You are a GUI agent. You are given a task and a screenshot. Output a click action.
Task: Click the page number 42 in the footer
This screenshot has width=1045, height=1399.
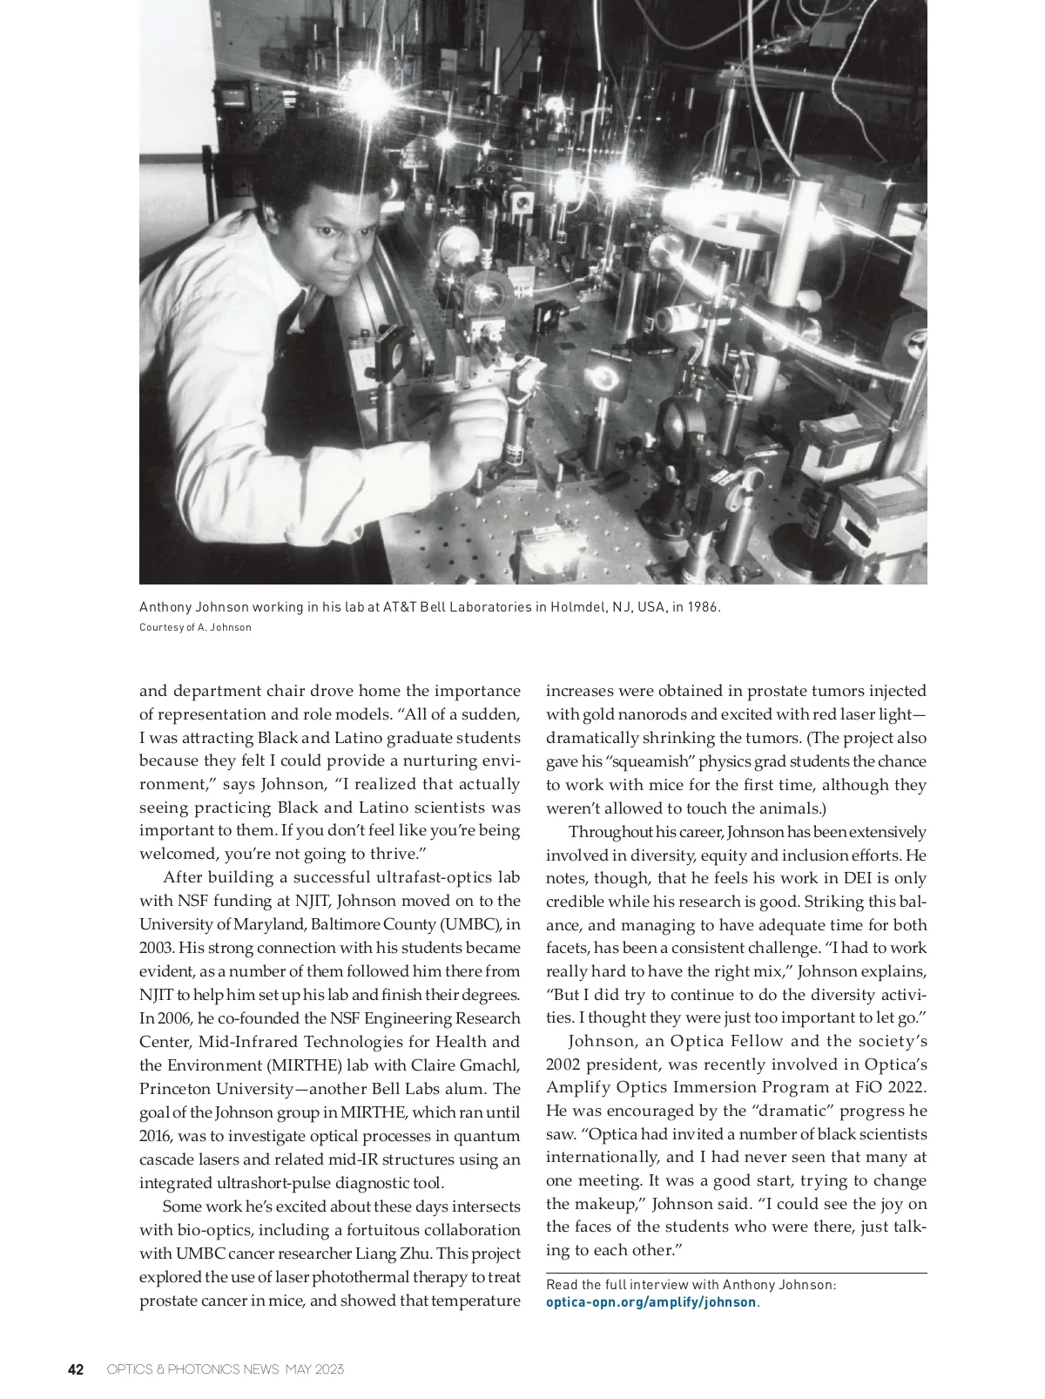coord(76,1369)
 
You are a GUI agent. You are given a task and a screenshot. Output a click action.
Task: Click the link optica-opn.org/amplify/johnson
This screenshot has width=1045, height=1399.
coord(651,1302)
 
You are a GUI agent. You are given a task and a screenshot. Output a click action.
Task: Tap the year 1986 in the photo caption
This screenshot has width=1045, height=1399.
coord(702,606)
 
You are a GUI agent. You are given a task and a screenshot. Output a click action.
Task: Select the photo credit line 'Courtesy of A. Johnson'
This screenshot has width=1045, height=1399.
coord(195,627)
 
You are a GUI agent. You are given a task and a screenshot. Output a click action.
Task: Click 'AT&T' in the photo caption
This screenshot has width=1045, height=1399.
coord(399,606)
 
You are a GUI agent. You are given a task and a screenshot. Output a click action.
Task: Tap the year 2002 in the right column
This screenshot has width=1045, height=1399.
coord(564,1064)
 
